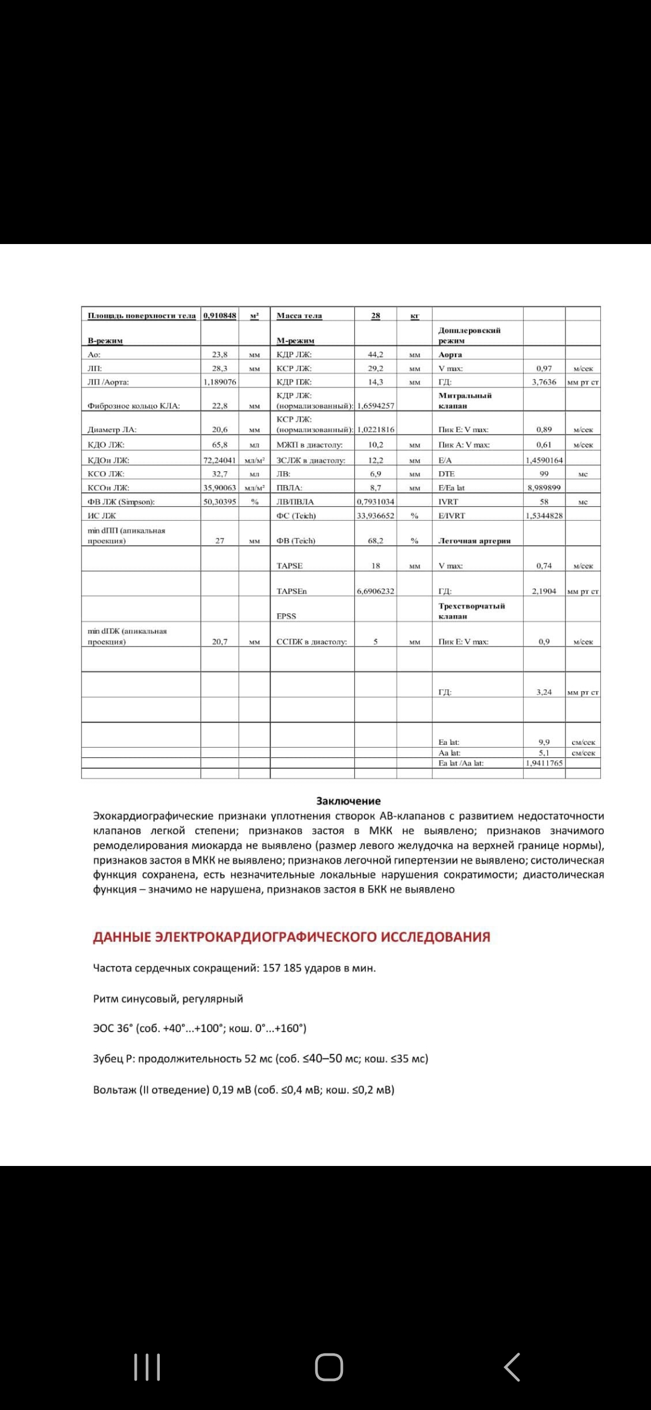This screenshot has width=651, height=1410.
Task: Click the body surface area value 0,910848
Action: pyautogui.click(x=219, y=316)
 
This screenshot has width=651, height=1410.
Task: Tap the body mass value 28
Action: pyautogui.click(x=376, y=316)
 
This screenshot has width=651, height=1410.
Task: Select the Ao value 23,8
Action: pyautogui.click(x=219, y=355)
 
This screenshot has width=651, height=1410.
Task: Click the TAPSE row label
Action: pyautogui.click(x=289, y=566)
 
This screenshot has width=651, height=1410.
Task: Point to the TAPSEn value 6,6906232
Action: pyautogui.click(x=376, y=591)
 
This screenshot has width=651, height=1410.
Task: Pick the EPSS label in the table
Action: pyautogui.click(x=286, y=616)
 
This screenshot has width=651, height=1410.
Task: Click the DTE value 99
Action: pyautogui.click(x=544, y=474)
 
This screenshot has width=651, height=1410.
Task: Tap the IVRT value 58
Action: pyautogui.click(x=544, y=501)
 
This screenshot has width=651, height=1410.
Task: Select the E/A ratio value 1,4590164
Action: pyautogui.click(x=544, y=460)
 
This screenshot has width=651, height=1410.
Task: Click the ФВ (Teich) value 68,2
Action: pyautogui.click(x=376, y=541)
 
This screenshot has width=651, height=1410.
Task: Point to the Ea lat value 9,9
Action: pyautogui.click(x=544, y=742)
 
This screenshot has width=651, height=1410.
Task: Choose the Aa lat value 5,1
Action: pyautogui.click(x=544, y=753)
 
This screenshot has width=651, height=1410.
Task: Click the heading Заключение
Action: pyautogui.click(x=348, y=801)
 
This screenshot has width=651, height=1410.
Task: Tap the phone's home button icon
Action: pyautogui.click(x=329, y=1367)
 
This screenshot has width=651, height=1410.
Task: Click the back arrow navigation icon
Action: pyautogui.click(x=512, y=1367)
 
